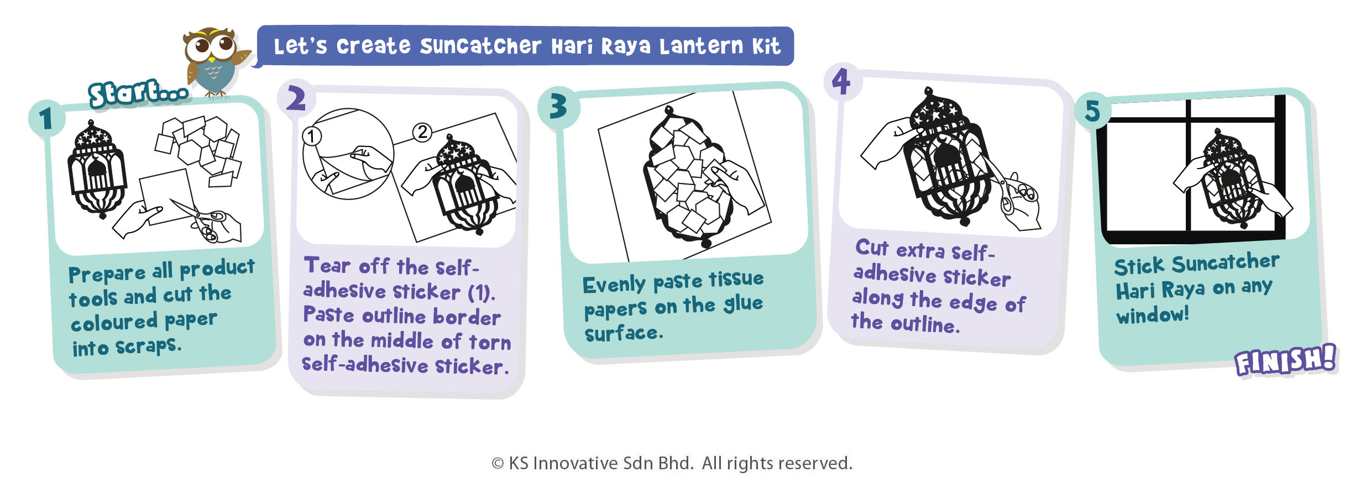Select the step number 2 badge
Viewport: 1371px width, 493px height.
(x=296, y=99)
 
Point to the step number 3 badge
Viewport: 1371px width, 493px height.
(x=558, y=106)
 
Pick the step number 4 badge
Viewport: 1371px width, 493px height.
(x=841, y=81)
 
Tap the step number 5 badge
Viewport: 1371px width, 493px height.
(x=1092, y=111)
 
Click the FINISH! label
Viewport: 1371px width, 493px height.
(x=1285, y=360)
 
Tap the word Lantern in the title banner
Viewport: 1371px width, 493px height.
(x=702, y=46)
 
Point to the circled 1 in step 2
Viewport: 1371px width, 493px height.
(x=312, y=136)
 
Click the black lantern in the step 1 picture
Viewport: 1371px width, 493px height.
(x=97, y=169)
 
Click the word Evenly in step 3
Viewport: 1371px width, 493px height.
(x=614, y=285)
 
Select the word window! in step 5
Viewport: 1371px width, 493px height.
(x=1153, y=315)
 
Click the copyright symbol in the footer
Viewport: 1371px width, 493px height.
(x=498, y=464)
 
